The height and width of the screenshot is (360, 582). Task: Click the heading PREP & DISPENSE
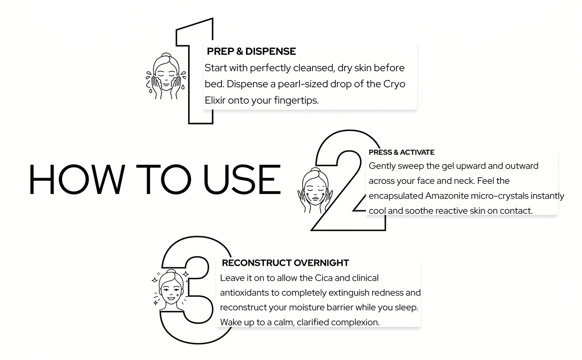[x=251, y=52]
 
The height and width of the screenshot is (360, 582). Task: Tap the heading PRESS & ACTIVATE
[x=402, y=152]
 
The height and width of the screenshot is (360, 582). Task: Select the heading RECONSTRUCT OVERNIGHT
[x=285, y=263]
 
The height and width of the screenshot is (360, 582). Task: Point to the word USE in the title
[x=242, y=179]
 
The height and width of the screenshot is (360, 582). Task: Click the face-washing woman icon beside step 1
[x=166, y=76]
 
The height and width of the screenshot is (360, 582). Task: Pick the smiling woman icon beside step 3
[x=171, y=290]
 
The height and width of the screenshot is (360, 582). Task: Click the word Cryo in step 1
[x=394, y=85]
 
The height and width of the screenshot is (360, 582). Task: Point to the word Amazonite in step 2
[x=447, y=196]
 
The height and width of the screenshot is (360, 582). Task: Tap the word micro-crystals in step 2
[x=499, y=196]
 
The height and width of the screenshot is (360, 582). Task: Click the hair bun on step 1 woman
[x=166, y=55]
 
